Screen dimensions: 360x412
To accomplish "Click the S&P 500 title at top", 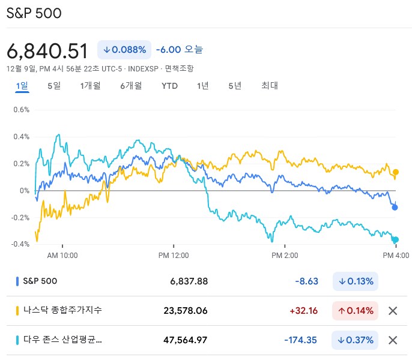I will pyautogui.click(x=34, y=13).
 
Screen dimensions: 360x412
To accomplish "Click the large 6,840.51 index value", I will pyautogui.click(x=47, y=50).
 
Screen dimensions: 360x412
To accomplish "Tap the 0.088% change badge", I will pyautogui.click(x=124, y=50).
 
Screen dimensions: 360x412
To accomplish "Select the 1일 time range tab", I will pyautogui.click(x=22, y=86).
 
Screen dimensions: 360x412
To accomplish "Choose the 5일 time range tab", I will pyautogui.click(x=54, y=86).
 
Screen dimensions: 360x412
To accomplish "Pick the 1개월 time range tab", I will pyautogui.click(x=90, y=86).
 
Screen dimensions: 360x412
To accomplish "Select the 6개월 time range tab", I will pyautogui.click(x=131, y=86).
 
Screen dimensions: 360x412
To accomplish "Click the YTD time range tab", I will pyautogui.click(x=169, y=86).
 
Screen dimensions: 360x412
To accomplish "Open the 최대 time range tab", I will pyautogui.click(x=270, y=86).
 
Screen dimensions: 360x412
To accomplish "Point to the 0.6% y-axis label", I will pyautogui.click(x=22, y=110).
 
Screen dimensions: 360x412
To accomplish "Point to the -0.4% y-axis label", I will pyautogui.click(x=20, y=244).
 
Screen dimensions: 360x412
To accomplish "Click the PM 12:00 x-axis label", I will pyautogui.click(x=174, y=256).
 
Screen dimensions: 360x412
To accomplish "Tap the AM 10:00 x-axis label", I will pyautogui.click(x=62, y=256).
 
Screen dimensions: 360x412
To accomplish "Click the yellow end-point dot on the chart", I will pyautogui.click(x=395, y=172).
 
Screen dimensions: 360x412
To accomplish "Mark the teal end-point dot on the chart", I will pyautogui.click(x=395, y=240).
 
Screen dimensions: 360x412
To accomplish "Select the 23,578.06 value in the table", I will pyautogui.click(x=186, y=311).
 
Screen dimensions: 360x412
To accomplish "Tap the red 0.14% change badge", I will pyautogui.click(x=356, y=311).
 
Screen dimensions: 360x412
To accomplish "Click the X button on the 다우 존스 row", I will pyautogui.click(x=393, y=340).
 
